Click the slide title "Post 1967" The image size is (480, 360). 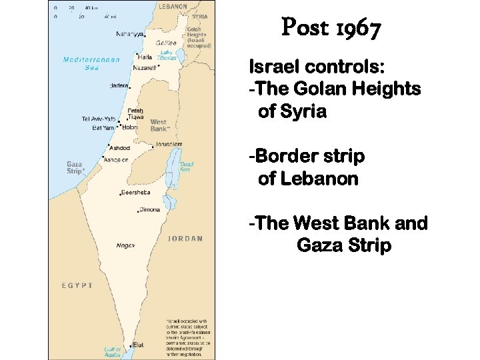coord(331,29)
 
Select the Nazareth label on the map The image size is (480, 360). coord(145,67)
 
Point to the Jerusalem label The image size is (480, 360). coord(169,144)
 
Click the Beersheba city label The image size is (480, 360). coord(136,193)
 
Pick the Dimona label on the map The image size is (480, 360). coord(150,209)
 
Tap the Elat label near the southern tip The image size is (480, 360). coord(138,344)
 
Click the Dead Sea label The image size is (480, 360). coord(187,166)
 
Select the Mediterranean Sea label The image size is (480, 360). coord(91,63)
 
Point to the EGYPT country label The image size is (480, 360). coord(77,285)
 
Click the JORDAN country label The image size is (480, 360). coord(185,238)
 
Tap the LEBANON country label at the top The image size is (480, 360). coord(173,6)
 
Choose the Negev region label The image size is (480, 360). coord(125,245)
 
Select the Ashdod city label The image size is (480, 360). coord(121,147)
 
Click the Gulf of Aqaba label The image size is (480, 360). coord(112,351)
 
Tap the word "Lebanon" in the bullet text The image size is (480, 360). coord(317,179)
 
